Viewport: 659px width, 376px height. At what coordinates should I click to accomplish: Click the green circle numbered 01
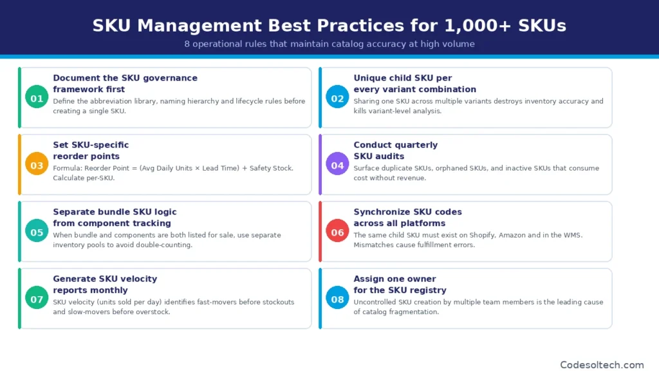point(37,99)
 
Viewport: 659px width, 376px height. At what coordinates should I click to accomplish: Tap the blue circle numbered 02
point(337,99)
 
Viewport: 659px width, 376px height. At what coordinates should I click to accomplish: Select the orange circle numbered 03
point(37,165)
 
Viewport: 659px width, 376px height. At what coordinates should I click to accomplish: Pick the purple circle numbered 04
point(337,165)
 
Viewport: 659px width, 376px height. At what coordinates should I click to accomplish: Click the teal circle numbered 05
point(37,232)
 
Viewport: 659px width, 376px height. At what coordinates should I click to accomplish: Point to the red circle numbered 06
point(337,232)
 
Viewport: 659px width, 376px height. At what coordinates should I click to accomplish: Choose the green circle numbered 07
point(37,299)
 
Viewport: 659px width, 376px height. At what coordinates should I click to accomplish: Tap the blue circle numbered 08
point(337,299)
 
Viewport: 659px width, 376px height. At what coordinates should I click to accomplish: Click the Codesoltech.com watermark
point(602,364)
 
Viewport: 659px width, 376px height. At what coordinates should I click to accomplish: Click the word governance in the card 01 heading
point(166,78)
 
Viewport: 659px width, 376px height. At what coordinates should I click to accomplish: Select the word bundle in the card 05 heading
point(116,212)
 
